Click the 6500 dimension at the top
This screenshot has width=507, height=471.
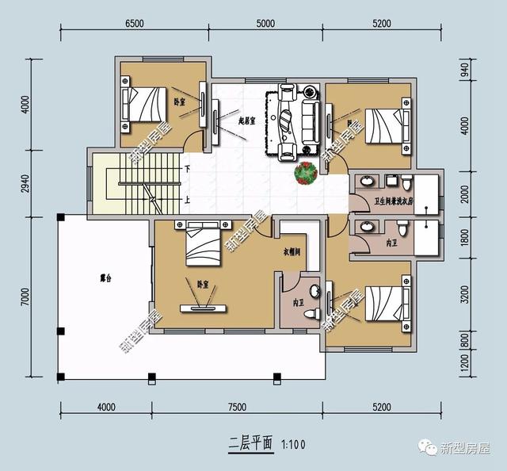click(x=134, y=23)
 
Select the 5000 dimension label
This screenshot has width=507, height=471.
click(x=265, y=23)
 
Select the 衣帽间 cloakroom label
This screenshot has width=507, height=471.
click(x=294, y=252)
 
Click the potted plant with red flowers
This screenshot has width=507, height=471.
click(x=304, y=172)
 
